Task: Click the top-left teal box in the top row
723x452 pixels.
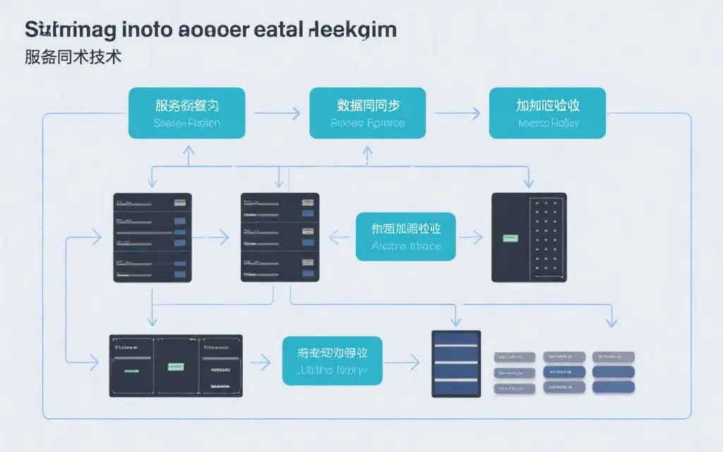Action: click(x=186, y=113)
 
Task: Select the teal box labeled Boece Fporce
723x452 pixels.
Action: click(x=367, y=113)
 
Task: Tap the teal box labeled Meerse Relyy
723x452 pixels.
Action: click(x=547, y=113)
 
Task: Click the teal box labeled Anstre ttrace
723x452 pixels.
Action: click(x=406, y=237)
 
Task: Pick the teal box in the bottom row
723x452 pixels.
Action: click(x=332, y=360)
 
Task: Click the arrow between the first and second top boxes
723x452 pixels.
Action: click(x=277, y=112)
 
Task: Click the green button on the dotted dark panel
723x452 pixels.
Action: click(x=508, y=238)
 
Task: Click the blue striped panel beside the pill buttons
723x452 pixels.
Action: click(x=456, y=363)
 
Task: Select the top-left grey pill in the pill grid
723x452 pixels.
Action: click(x=515, y=357)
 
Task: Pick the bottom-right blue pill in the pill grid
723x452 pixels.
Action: click(x=613, y=386)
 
